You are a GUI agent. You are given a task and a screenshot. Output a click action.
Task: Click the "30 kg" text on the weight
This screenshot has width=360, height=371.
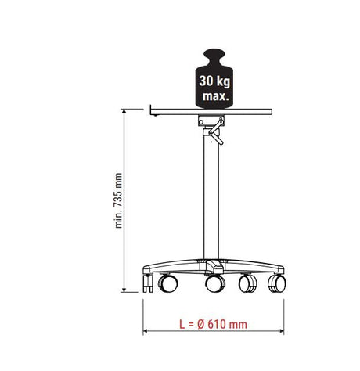(214, 81)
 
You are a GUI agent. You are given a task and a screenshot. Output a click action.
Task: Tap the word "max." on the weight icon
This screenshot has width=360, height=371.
(216, 96)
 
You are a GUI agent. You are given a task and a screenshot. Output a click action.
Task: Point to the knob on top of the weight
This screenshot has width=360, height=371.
(214, 56)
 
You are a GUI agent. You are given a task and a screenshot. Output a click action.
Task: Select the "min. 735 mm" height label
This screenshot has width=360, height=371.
(119, 200)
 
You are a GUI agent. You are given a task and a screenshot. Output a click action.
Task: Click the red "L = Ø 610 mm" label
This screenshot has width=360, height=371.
(213, 324)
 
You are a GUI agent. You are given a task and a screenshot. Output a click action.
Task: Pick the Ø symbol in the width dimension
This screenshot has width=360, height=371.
(201, 324)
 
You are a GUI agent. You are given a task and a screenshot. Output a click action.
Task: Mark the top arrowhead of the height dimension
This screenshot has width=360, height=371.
(124, 111)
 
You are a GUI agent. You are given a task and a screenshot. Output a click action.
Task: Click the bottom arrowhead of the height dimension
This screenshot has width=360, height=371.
(124, 290)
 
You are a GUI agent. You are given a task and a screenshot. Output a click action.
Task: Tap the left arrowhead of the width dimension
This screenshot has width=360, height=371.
(146, 331)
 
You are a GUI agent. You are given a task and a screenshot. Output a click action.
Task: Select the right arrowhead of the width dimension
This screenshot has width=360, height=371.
(281, 331)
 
